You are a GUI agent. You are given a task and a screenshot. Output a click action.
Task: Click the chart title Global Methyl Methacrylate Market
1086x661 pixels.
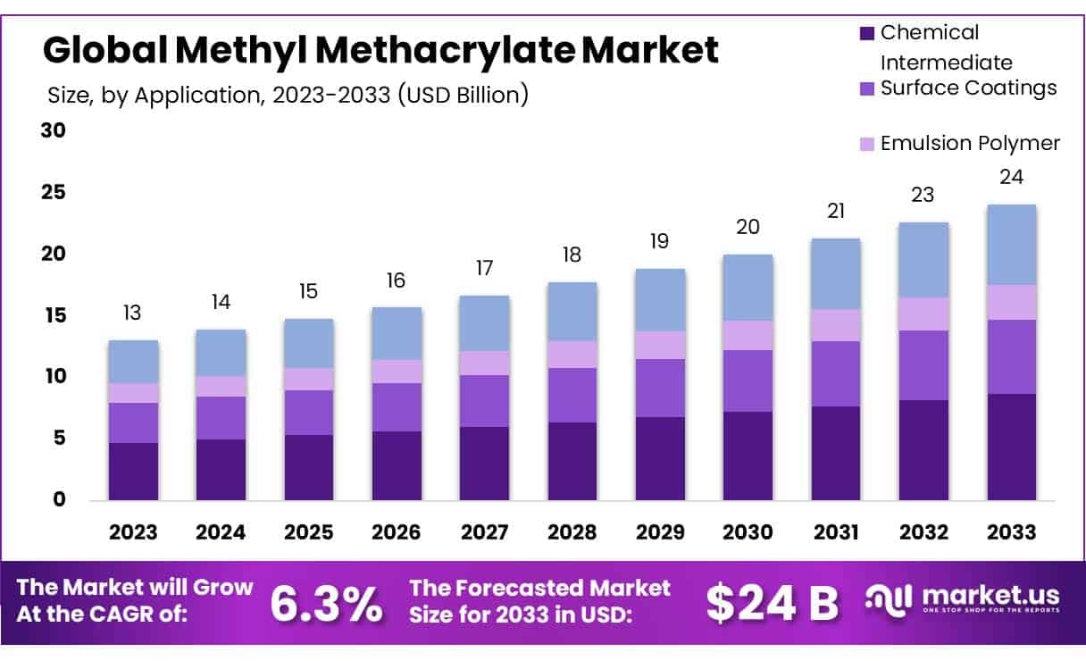(380, 50)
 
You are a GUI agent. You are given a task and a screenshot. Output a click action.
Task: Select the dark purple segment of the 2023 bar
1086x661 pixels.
(133, 471)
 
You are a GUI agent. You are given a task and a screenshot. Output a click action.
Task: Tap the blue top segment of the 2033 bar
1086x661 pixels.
(1011, 245)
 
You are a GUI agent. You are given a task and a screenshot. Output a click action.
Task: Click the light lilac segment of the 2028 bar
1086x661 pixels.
(572, 354)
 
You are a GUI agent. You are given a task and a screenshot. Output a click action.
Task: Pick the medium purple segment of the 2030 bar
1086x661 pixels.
(748, 381)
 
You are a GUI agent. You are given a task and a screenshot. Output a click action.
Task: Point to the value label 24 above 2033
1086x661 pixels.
(1011, 177)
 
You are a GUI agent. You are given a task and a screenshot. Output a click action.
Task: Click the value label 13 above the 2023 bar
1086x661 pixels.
(133, 313)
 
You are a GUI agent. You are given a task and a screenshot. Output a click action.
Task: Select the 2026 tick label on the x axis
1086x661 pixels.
(397, 531)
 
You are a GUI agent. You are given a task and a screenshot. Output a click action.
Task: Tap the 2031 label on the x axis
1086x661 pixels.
(836, 531)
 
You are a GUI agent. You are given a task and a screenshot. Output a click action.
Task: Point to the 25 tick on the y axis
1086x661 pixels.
(54, 192)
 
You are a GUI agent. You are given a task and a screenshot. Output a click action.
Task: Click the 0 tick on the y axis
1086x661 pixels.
(60, 499)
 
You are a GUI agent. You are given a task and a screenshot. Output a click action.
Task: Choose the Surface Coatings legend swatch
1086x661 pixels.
(866, 88)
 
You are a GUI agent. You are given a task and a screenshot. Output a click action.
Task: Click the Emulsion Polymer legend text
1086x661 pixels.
(970, 143)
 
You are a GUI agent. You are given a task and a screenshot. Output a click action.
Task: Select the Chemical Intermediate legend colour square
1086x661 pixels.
(866, 33)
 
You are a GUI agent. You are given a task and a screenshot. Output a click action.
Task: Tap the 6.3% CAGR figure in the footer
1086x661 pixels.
(326, 604)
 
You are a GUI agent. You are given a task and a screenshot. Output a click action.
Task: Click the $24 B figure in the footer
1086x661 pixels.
(772, 604)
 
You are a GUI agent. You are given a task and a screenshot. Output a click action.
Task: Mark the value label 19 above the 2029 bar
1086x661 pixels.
(660, 241)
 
